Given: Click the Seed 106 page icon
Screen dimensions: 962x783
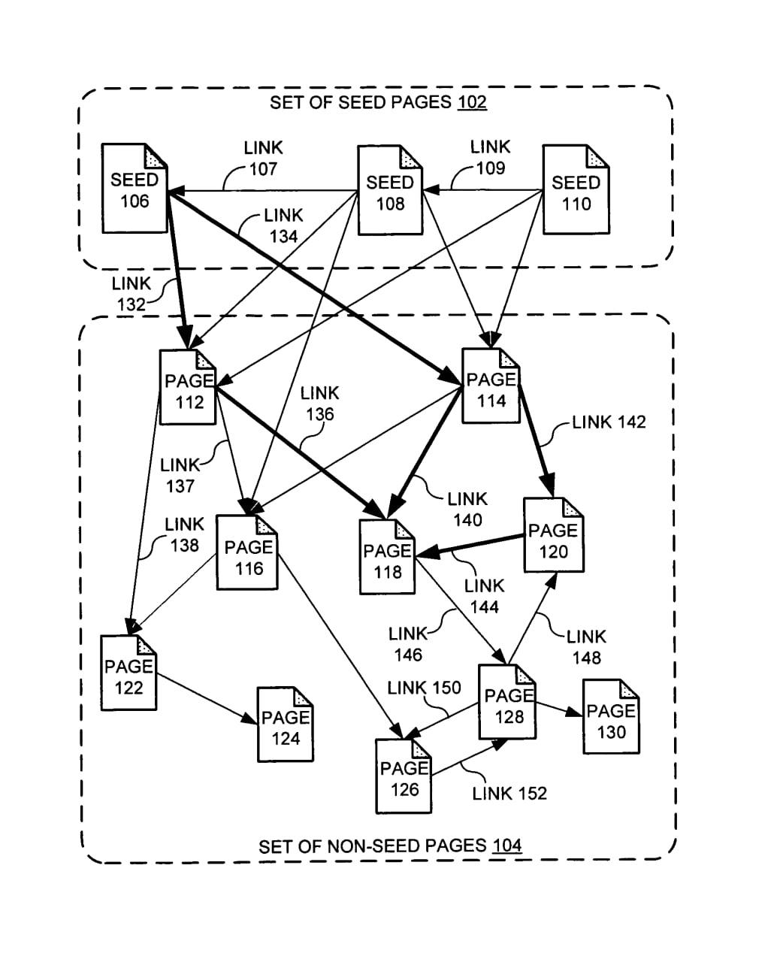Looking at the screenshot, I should pos(135,189).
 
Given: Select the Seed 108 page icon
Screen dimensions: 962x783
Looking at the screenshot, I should pos(389,191).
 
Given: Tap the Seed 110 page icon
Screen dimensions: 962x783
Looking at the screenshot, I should pos(576,191).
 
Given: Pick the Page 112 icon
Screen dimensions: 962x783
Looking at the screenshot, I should pos(189,388).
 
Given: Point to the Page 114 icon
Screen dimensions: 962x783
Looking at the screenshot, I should pos(491,386).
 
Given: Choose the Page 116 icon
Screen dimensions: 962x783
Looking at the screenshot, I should pos(247,552).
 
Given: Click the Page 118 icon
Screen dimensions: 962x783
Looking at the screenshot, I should pos(387,557).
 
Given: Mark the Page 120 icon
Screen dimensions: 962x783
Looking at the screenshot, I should pos(553,536).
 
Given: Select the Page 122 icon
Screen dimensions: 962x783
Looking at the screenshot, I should pos(129,673).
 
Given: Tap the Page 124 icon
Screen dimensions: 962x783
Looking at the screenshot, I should pos(285,725).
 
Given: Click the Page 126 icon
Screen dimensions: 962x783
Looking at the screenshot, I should pos(404,776).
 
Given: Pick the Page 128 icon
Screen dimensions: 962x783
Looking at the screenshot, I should pos(508,703).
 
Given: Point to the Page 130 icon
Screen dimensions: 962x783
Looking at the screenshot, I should pos(611,717).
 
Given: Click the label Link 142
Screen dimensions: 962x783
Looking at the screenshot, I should pos(609,422).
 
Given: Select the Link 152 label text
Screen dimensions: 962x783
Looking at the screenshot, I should pos(509,794).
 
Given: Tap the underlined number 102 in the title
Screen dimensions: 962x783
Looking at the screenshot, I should pos(472,102).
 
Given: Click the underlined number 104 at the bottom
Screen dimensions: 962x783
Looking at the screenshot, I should pos(506,846).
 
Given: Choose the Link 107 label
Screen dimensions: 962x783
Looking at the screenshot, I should pos(263,159).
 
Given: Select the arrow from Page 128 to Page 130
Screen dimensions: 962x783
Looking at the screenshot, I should pos(560,710).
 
